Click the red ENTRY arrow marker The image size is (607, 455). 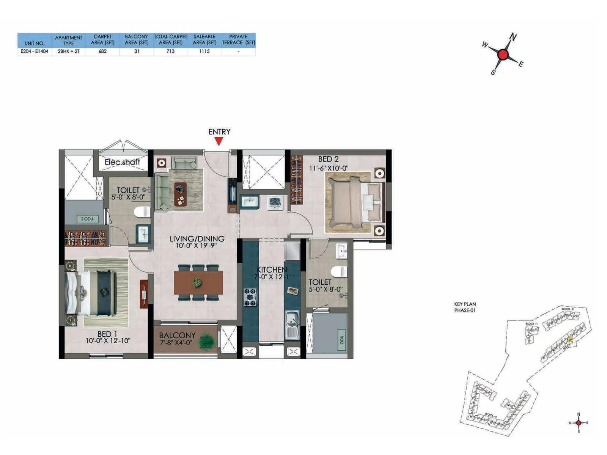pos(219,141)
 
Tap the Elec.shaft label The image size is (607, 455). pos(122,162)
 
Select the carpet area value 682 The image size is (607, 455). pos(102,51)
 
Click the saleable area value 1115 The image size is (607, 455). pos(204,51)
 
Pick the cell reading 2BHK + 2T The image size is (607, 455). pos(69,51)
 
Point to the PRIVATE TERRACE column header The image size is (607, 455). pos(238,39)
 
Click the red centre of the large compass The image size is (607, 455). pos(503,55)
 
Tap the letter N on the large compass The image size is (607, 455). pos(513,37)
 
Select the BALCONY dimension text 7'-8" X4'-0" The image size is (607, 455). pos(176,342)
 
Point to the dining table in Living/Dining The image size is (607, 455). pos(198,282)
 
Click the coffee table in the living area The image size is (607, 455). pos(181,194)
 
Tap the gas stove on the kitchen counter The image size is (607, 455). pos(250,297)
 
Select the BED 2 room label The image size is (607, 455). pos(328,159)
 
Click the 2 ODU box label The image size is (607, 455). pos(87,219)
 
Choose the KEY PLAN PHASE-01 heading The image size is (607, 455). pos(465,307)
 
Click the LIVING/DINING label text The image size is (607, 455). pos(197,238)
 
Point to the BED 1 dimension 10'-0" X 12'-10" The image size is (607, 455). pos(108,340)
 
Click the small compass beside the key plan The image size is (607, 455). pos(578,422)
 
